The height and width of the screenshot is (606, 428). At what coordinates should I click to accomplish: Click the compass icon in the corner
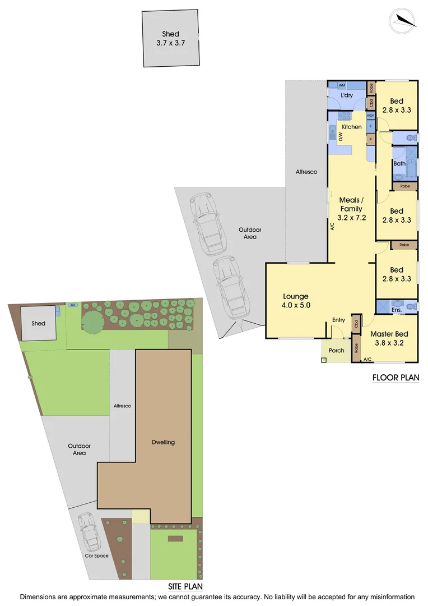coord(403,20)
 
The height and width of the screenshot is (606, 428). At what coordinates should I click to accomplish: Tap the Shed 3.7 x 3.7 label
coord(171,38)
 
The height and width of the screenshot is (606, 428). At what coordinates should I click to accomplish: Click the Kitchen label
coord(351,127)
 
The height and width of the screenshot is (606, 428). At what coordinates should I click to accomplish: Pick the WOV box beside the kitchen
coord(370,116)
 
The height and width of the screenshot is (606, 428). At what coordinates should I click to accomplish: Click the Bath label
coord(399,164)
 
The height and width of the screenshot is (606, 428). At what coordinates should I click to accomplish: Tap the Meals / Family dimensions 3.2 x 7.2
coord(352,218)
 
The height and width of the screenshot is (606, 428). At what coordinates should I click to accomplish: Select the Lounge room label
coord(296,296)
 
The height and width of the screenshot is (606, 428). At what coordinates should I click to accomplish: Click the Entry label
coord(338,320)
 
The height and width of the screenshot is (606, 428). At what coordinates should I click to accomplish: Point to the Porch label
coord(336,351)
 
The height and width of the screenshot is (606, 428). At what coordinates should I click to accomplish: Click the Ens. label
coord(397,310)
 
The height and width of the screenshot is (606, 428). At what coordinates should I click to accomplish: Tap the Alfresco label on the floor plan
coord(306,172)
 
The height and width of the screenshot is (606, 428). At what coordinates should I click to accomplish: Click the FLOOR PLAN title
coord(396,378)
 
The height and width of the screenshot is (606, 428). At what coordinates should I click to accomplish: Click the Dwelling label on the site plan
coord(164,442)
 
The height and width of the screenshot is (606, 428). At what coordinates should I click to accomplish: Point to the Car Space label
coord(96,556)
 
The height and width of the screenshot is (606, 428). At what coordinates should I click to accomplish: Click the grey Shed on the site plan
coord(38,323)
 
